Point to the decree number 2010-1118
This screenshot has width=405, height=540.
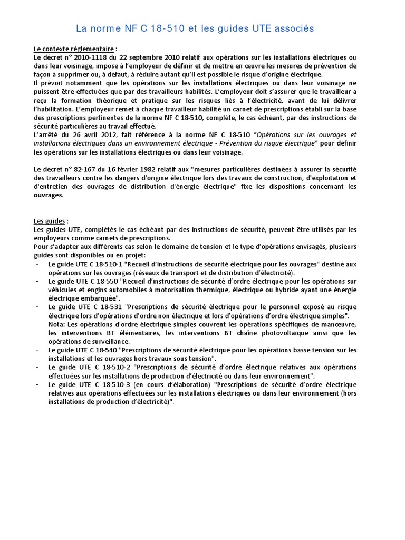(88, 57)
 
